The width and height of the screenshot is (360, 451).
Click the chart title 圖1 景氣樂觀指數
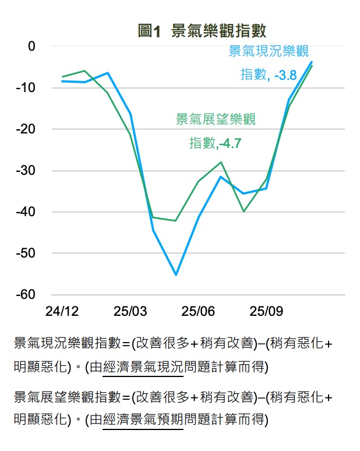(202, 31)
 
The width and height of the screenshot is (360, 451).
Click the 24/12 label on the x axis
(62, 311)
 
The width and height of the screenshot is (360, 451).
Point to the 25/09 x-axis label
(266, 311)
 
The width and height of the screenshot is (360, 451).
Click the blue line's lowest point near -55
(176, 274)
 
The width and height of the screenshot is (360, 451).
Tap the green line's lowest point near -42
(175, 221)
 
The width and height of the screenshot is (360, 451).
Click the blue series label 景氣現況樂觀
(268, 51)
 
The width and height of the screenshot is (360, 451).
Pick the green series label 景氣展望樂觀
(216, 119)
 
